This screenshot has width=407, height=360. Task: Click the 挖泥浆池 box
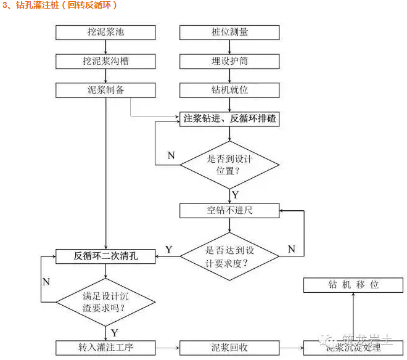point(106,31)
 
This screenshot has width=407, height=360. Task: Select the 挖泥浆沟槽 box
point(106,61)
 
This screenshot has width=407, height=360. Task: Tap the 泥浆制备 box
point(106,90)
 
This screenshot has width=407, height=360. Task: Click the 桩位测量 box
point(229,31)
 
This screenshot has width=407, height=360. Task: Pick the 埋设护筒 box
point(229,61)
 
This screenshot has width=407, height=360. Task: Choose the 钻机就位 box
point(229,90)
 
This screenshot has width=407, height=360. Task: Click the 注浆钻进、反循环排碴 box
point(229,119)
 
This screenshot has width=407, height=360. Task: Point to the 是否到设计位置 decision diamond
point(229,165)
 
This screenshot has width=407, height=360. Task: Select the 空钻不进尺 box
point(229,210)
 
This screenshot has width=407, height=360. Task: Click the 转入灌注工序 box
point(106,348)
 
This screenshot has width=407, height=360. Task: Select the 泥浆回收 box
point(229,348)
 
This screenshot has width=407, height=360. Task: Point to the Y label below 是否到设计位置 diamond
point(236,195)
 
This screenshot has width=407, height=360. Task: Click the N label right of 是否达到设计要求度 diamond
point(292,250)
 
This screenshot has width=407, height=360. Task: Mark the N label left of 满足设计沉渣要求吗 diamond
point(46,282)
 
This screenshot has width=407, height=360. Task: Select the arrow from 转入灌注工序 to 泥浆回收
point(168,348)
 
